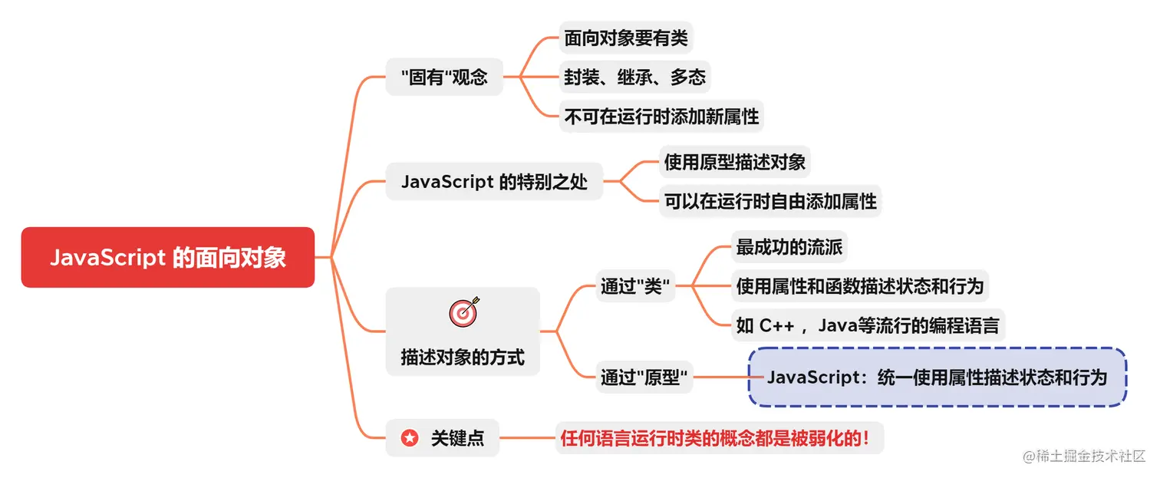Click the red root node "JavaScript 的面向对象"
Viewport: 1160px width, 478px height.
(167, 258)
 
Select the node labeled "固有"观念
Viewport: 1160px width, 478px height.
(444, 77)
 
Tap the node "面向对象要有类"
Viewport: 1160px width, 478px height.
(626, 38)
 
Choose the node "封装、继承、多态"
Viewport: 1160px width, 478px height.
(634, 77)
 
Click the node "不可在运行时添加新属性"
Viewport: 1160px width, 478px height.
(661, 116)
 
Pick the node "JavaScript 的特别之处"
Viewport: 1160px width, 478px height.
(494, 182)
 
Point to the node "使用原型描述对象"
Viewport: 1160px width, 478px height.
(734, 162)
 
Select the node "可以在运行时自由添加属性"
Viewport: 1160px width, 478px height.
(770, 201)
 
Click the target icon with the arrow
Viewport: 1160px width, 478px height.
(463, 310)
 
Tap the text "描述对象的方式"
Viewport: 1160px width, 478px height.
(463, 357)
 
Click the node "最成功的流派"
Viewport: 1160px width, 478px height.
(789, 247)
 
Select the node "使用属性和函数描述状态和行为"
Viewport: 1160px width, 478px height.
(859, 286)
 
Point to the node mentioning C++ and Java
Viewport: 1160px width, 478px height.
(867, 325)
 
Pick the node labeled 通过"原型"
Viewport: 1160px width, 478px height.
(644, 377)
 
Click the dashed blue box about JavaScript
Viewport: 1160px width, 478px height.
(937, 377)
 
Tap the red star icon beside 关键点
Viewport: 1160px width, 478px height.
(410, 438)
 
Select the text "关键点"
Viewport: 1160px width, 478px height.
(457, 438)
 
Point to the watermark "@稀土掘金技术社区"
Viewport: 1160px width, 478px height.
(1083, 456)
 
